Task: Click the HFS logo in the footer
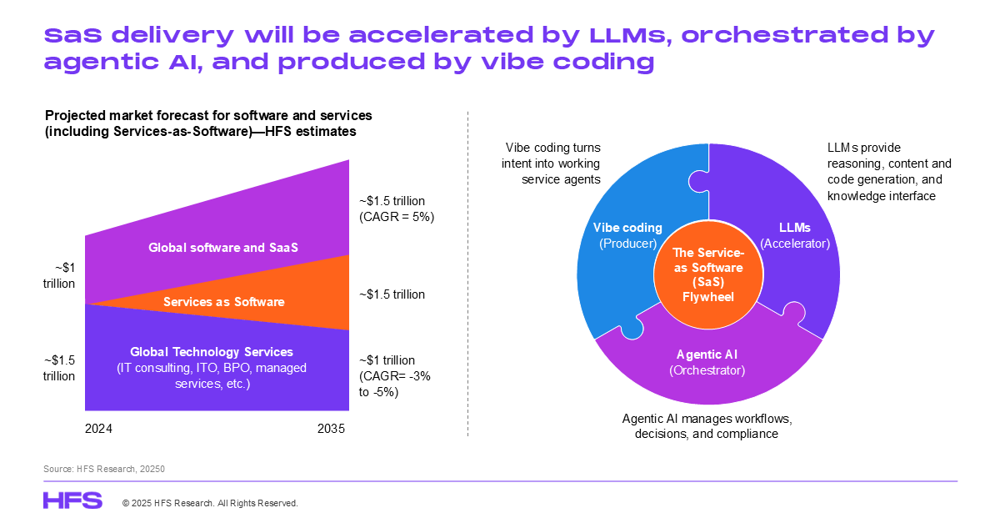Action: click(x=72, y=500)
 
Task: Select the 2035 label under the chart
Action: click(x=331, y=429)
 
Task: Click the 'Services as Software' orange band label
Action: click(x=223, y=302)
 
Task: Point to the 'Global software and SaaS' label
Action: click(x=222, y=247)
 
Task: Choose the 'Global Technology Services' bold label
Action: click(x=212, y=352)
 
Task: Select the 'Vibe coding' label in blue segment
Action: click(x=627, y=228)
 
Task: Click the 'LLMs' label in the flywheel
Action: click(x=795, y=228)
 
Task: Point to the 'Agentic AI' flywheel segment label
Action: click(x=707, y=355)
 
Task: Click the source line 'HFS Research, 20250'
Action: click(x=104, y=470)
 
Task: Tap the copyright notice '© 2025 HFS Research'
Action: click(x=210, y=503)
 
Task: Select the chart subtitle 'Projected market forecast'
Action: click(x=208, y=115)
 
